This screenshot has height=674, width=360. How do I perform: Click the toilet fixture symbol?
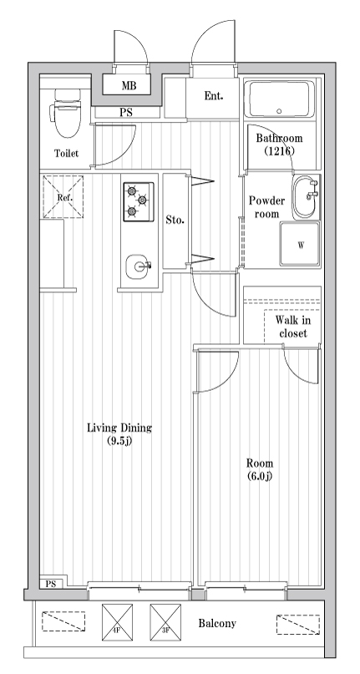(65, 113)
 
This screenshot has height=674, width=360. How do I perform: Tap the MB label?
(129, 85)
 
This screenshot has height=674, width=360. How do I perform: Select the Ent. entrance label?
(213, 96)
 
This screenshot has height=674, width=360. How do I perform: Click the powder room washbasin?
(307, 197)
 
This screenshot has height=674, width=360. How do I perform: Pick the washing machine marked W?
(300, 244)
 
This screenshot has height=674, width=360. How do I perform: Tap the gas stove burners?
(139, 201)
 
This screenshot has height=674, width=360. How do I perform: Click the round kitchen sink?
(138, 267)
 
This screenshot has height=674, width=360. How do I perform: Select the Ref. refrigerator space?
(63, 197)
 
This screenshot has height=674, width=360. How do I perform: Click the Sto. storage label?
(175, 220)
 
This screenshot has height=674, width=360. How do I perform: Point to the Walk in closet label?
(293, 327)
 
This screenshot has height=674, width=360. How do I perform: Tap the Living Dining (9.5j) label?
(119, 433)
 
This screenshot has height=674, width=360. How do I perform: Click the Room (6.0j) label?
(260, 469)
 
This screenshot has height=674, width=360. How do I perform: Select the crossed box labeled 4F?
(117, 622)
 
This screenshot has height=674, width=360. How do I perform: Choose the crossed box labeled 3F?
(165, 622)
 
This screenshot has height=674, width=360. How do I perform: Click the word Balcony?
(217, 623)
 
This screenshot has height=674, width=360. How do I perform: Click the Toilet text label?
(66, 153)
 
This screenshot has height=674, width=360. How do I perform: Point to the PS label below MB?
(125, 113)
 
